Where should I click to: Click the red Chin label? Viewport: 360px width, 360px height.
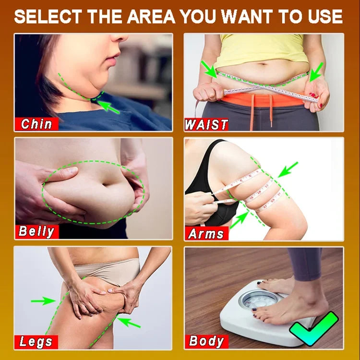[x=36, y=124]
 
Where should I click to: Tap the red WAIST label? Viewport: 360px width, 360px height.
[x=206, y=125]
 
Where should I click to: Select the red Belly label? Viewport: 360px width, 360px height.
[x=37, y=231]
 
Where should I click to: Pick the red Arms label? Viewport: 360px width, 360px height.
[x=206, y=233]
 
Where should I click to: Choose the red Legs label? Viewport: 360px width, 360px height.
[x=36, y=342]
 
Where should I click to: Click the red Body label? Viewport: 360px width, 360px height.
[x=206, y=342]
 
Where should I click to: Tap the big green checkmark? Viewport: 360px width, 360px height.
[x=313, y=329]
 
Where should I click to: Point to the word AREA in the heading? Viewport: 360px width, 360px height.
[x=151, y=16]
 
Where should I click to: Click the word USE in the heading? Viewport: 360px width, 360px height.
[x=325, y=16]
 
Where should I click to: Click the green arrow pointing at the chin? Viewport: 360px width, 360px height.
[x=108, y=107]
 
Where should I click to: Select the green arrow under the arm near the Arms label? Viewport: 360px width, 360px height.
[x=239, y=220]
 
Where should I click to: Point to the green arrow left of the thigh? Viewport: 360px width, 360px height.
[x=43, y=300]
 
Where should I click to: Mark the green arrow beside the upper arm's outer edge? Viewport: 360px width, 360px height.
[x=288, y=169]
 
